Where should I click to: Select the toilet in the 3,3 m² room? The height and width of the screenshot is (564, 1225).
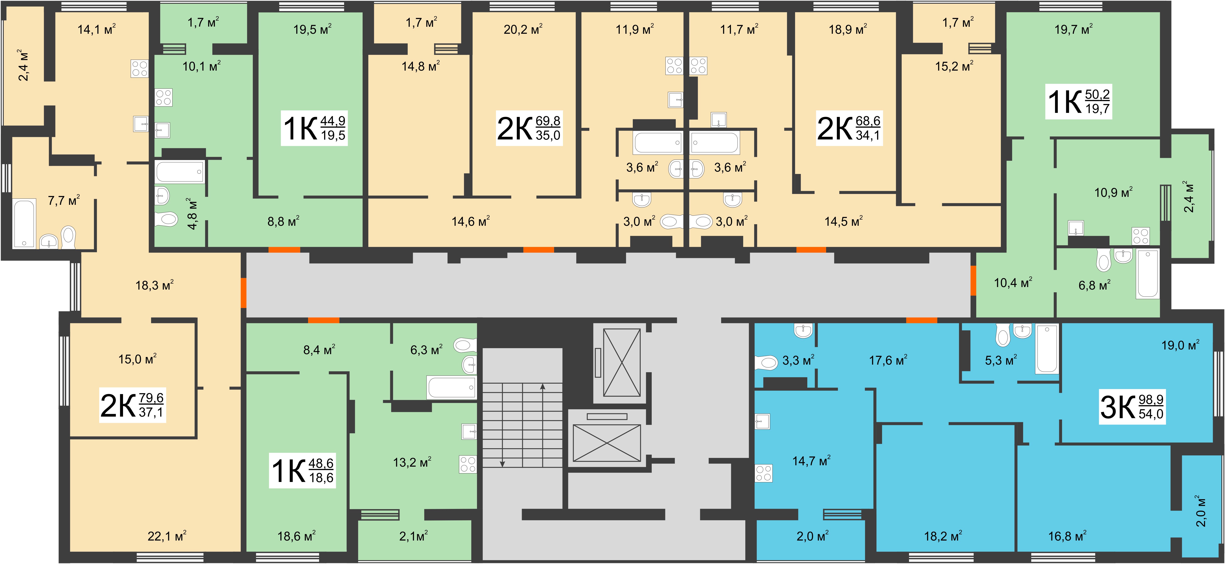pos(766,363)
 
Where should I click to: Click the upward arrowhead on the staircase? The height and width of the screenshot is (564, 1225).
pos(543,387)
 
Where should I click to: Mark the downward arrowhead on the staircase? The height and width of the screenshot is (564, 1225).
pos(502,464)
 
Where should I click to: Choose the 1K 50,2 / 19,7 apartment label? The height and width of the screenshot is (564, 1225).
pos(1079,101)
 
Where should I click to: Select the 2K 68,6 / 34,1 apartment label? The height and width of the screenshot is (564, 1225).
pos(849,128)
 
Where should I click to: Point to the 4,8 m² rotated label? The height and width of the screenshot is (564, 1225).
pos(192,214)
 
